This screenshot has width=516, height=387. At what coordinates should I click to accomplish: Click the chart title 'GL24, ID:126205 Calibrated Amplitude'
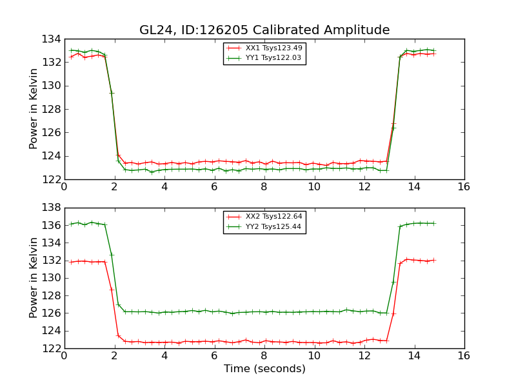pyautogui.click(x=264, y=30)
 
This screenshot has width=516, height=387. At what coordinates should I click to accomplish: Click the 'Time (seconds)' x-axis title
pyautogui.click(x=264, y=369)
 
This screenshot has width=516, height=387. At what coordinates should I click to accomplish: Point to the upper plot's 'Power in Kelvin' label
pyautogui.click(x=34, y=109)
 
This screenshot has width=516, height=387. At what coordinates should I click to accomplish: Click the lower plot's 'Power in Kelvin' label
pyautogui.click(x=34, y=278)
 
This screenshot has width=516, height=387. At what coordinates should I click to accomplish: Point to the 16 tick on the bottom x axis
pyautogui.click(x=464, y=355)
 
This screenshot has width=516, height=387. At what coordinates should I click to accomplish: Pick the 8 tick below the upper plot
pyautogui.click(x=264, y=186)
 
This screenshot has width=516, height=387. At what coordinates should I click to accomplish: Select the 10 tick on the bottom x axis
pyautogui.click(x=314, y=355)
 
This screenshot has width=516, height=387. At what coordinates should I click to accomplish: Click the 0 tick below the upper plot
pyautogui.click(x=64, y=186)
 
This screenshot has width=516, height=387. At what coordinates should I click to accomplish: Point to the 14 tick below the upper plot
pyautogui.click(x=414, y=186)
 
